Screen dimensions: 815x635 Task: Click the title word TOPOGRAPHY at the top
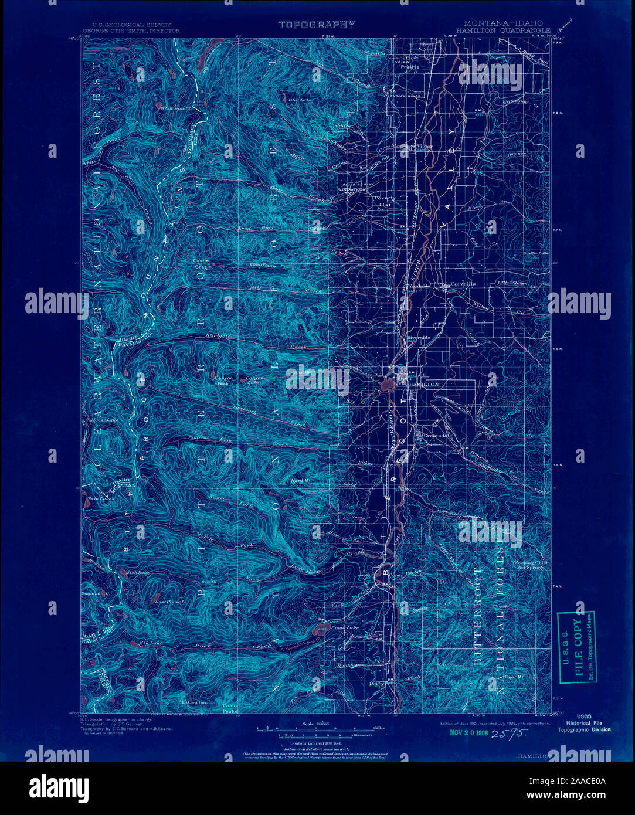click(317, 25)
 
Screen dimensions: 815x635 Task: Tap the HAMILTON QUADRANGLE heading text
click(500, 30)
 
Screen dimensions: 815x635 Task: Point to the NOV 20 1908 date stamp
click(470, 732)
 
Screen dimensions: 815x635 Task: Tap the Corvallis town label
click(463, 283)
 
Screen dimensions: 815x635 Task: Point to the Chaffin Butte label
click(535, 254)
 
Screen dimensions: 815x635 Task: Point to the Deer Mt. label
click(514, 677)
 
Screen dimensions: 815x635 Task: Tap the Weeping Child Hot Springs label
click(531, 566)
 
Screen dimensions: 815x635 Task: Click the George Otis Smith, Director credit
click(131, 30)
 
